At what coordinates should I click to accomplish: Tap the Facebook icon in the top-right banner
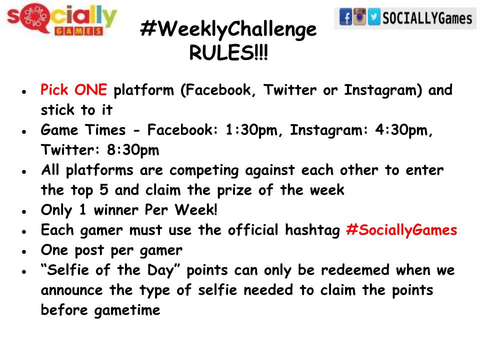345,18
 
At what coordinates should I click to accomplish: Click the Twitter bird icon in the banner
373,18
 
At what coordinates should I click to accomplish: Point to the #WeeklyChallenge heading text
228,30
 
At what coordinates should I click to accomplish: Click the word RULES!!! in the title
228,52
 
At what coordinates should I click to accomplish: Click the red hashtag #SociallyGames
401,230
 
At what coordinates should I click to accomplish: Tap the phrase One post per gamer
111,250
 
